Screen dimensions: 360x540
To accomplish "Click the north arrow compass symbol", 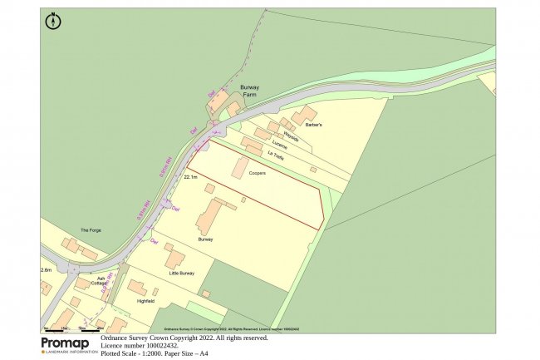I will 53,22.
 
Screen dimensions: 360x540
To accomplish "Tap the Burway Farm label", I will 250,91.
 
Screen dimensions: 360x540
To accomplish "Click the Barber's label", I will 312,125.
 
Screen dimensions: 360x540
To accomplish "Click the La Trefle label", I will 275,154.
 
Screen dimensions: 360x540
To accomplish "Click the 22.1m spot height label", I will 190,177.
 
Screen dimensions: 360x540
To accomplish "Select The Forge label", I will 90,229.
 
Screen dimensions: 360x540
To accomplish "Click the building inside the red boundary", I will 240,166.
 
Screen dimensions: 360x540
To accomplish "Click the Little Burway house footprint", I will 174,257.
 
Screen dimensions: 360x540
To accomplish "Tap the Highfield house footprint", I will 137,289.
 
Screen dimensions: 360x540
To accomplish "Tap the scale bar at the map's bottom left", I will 75,329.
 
